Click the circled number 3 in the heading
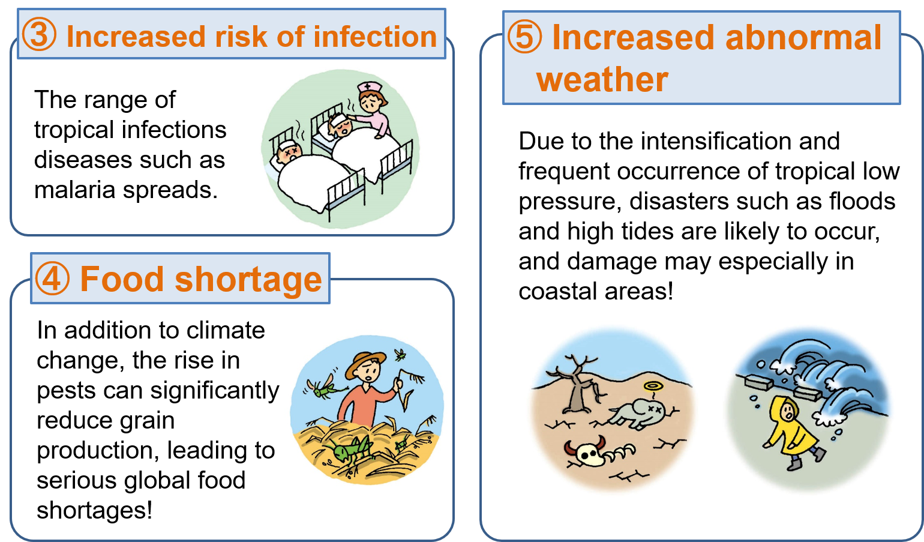click(39, 35)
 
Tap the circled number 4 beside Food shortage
click(52, 279)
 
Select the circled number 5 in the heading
click(524, 37)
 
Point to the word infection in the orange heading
click(375, 37)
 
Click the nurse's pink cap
click(370, 87)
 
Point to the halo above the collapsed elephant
click(653, 387)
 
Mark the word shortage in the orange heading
click(248, 279)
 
